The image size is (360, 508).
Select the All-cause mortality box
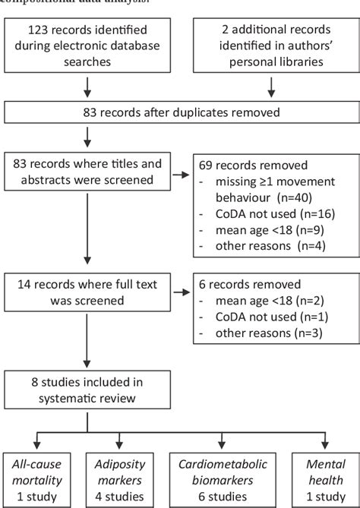[42, 475]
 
